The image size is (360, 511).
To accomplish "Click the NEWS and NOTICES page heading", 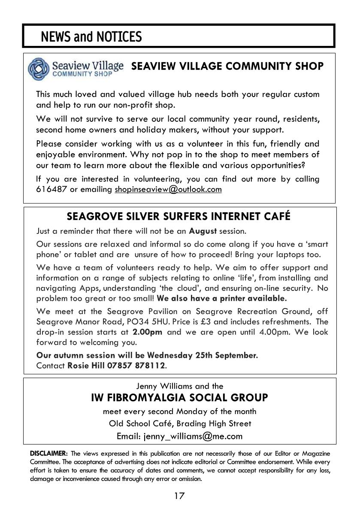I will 91,37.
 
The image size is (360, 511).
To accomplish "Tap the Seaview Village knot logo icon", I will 39,69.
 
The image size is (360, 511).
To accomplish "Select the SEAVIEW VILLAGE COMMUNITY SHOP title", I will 227,66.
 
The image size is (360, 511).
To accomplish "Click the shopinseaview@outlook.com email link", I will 168,190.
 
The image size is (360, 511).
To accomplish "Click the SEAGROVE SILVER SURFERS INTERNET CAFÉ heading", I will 179,216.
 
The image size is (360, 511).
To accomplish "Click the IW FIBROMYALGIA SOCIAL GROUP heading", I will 179,398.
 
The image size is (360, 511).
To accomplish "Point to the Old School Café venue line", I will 180,423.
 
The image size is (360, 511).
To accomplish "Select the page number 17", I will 179,496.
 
